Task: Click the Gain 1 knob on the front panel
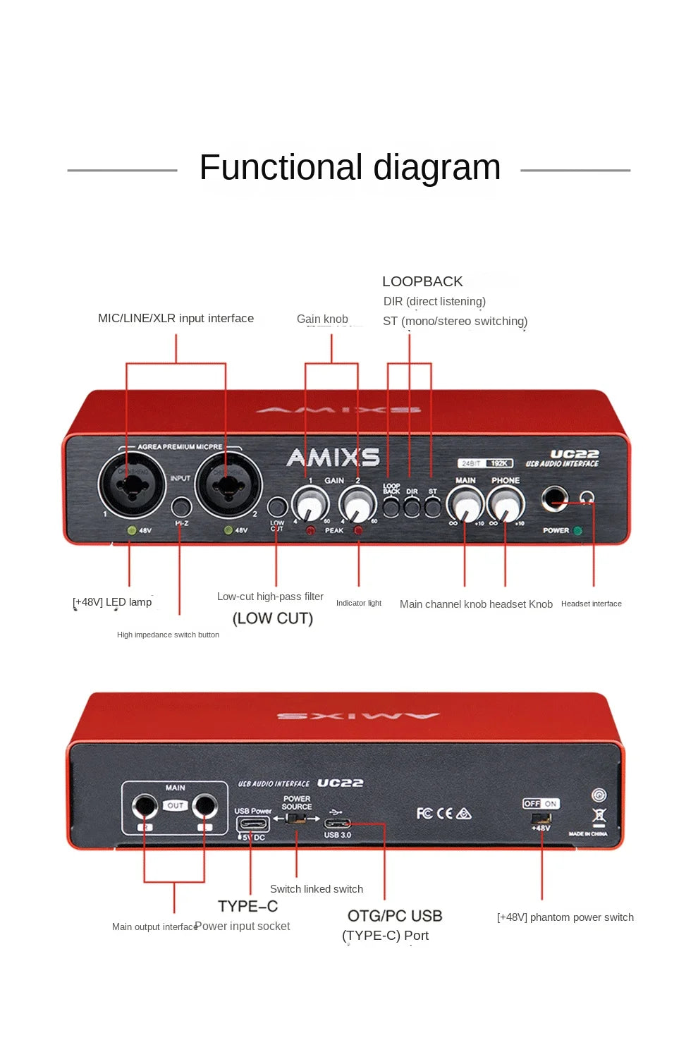pos(310,505)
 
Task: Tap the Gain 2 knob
pos(357,505)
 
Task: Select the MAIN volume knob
pos(465,505)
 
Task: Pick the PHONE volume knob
pos(506,505)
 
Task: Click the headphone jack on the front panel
pos(554,500)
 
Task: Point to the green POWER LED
pos(578,531)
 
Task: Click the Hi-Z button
pos(181,506)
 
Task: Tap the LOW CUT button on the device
pos(277,507)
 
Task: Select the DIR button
pos(412,507)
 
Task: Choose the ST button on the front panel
pos(432,507)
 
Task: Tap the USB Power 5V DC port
pos(252,824)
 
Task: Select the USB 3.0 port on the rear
pos(337,823)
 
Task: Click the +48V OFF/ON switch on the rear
pos(541,817)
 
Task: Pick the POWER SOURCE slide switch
pos(297,819)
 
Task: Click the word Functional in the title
pos(281,168)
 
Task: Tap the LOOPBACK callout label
pos(422,281)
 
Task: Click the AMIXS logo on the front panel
pos(333,458)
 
